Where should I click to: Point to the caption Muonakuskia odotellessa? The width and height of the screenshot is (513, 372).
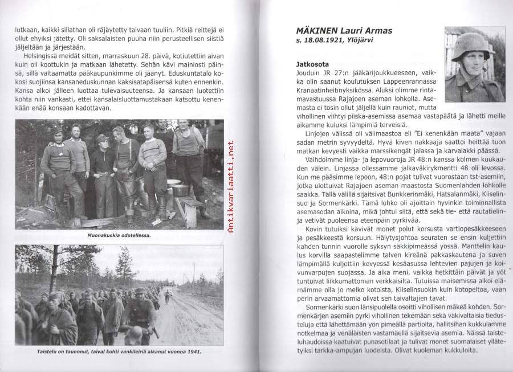click(119, 235)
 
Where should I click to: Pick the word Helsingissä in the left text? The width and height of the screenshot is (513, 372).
click(44, 56)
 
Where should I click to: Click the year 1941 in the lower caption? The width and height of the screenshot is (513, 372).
click(194, 351)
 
